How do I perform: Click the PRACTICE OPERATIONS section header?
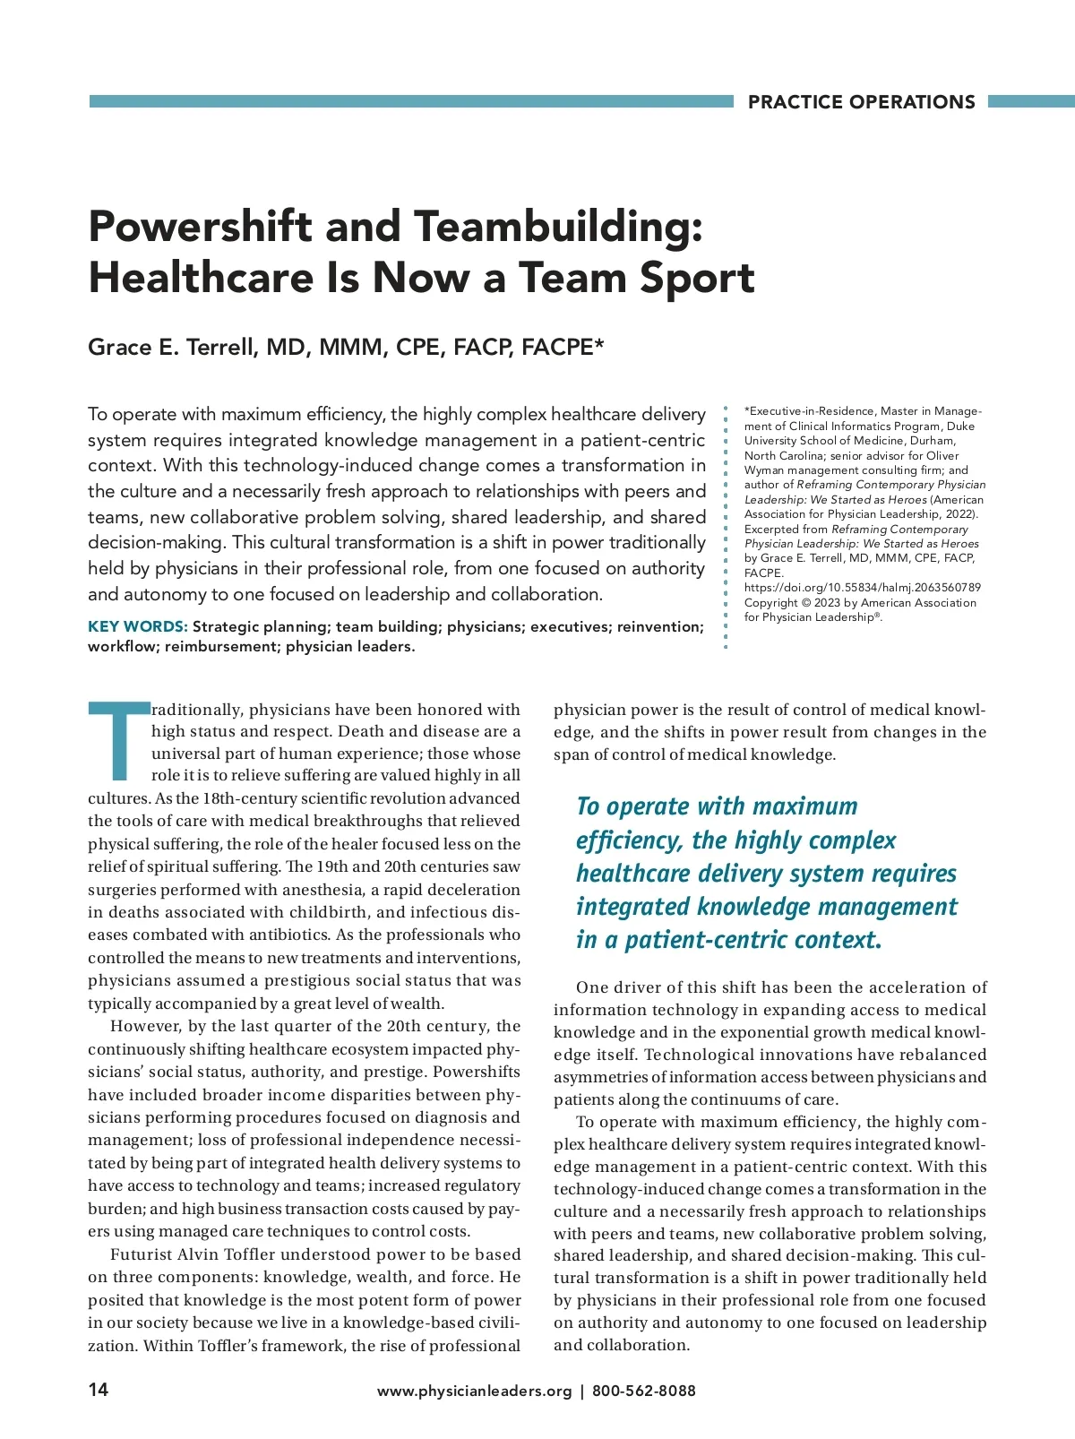point(861,102)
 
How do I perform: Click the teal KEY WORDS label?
point(137,626)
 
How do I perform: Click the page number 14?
point(99,1390)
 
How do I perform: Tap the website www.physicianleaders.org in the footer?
point(474,1391)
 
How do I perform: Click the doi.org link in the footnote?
point(862,588)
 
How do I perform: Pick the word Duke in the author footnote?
point(960,427)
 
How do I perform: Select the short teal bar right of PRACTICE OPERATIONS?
point(1031,102)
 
